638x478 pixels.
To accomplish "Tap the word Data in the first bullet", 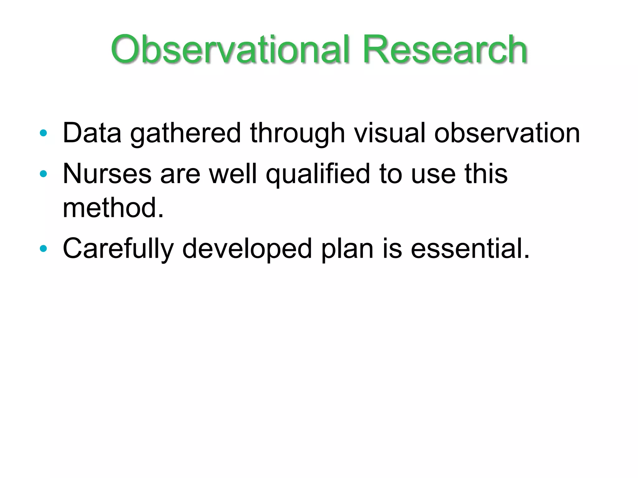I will [92, 133].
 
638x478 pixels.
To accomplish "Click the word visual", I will [389, 133].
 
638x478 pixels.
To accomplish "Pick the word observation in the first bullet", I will [507, 133].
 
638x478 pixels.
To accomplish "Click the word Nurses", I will [107, 174].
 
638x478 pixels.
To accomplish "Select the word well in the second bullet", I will [233, 174].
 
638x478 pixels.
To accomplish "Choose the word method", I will [113, 208].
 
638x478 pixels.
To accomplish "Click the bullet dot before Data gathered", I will [43, 133].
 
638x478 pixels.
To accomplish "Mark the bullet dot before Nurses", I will [43, 174].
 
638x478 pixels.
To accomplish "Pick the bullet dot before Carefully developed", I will [43, 248].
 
